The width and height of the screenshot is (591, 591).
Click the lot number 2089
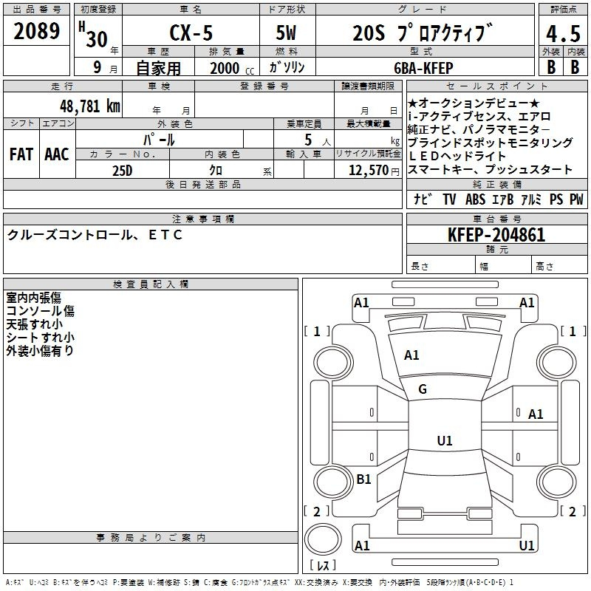36,31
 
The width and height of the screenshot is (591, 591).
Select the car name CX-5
191,33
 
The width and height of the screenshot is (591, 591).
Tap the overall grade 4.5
563,34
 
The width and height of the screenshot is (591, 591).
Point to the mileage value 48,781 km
90,106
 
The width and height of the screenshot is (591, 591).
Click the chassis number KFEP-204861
496,235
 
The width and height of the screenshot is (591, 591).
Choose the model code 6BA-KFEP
423,68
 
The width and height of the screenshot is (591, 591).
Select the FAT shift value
21,154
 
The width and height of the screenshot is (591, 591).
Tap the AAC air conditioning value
57,154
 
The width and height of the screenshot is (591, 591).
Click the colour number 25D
123,171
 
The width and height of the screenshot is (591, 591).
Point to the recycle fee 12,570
368,171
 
